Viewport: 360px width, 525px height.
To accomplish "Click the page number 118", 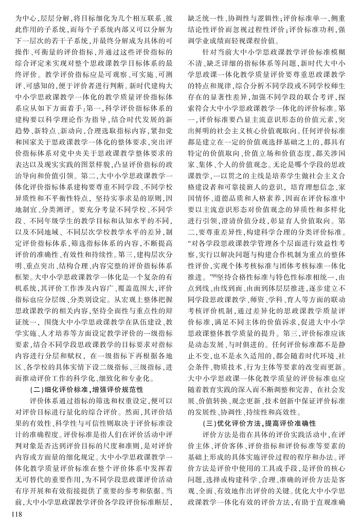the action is click(11, 515).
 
